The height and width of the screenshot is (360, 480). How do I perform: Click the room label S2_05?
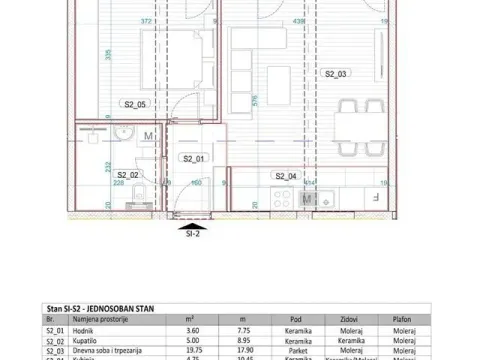135,104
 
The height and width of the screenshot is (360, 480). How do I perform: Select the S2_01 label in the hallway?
192,158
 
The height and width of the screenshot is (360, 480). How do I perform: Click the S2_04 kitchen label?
286,176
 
